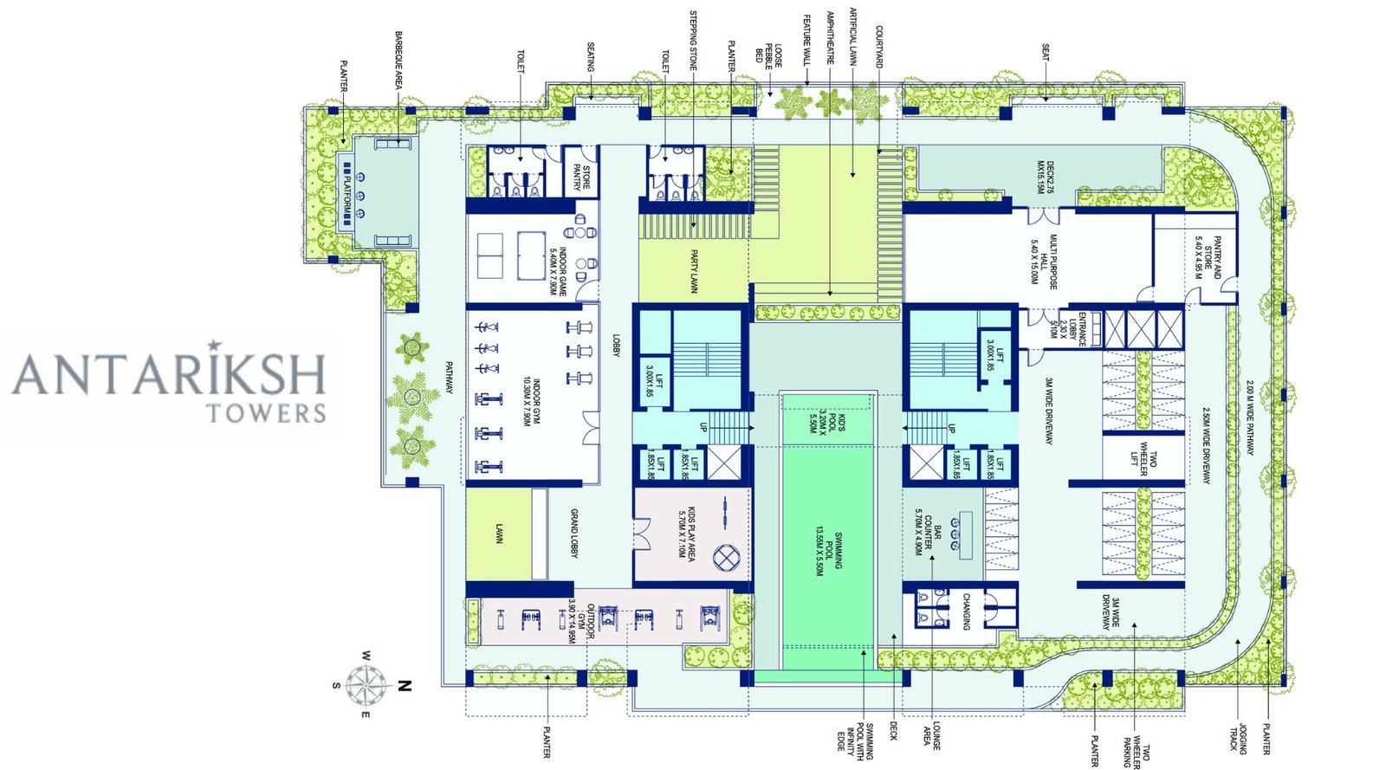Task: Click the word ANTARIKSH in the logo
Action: pyautogui.click(x=169, y=374)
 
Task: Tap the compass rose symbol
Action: pyautogui.click(x=367, y=685)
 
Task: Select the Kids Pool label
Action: pyautogui.click(x=827, y=422)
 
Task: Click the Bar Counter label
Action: pyautogui.click(x=928, y=531)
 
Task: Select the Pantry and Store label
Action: pyautogui.click(x=1208, y=257)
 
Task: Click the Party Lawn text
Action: pyautogui.click(x=694, y=271)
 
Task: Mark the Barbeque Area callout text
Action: pyautogui.click(x=398, y=61)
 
